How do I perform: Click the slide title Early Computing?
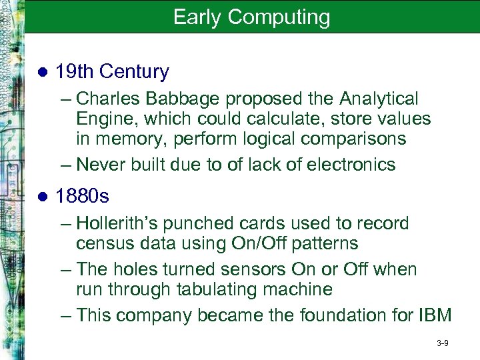click(x=251, y=17)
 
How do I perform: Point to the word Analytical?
click(x=379, y=99)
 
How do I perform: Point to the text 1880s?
click(x=83, y=197)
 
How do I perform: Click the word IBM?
click(x=433, y=315)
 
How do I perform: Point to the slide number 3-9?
click(x=442, y=343)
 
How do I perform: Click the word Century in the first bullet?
click(x=131, y=72)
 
